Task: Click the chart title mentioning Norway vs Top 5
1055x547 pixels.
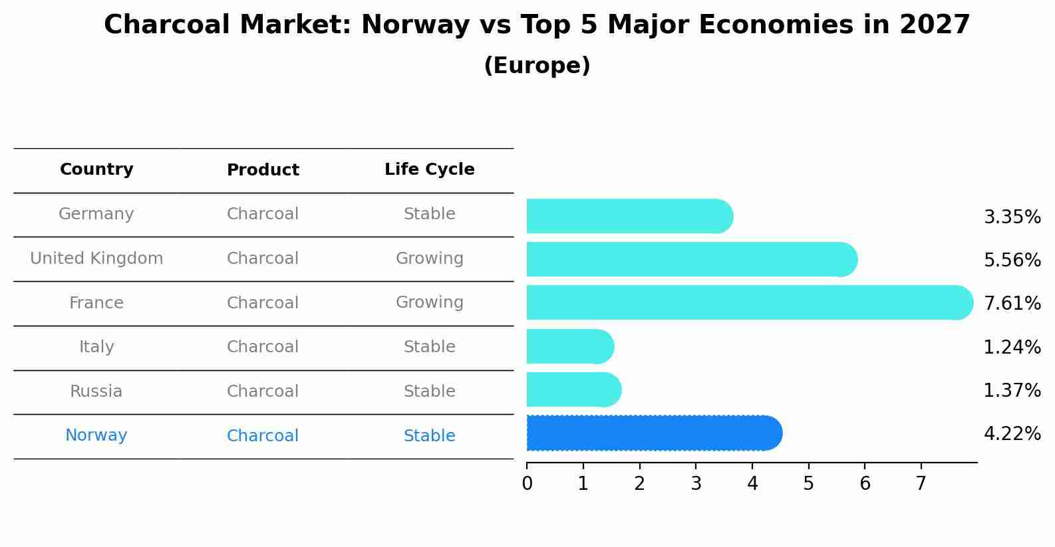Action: click(x=537, y=25)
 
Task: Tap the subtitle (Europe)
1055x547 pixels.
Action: click(x=537, y=66)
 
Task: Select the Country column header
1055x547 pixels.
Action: click(x=96, y=169)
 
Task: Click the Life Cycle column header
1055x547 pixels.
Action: click(x=429, y=169)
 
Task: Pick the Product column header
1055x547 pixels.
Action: click(x=263, y=170)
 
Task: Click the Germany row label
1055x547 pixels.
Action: click(x=96, y=214)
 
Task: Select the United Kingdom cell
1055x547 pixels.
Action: click(x=96, y=259)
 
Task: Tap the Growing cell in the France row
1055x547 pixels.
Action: click(x=429, y=302)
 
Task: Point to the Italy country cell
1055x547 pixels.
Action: click(x=96, y=347)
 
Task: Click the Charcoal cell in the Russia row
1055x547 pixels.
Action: click(x=263, y=391)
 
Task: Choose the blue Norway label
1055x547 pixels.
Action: click(x=96, y=435)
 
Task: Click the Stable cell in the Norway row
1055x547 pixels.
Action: click(x=429, y=436)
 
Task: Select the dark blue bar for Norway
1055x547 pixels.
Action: click(x=652, y=433)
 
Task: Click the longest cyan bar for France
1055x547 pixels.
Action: click(x=745, y=302)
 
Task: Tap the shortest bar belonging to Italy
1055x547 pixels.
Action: click(x=569, y=346)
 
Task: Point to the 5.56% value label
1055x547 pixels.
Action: click(x=1012, y=260)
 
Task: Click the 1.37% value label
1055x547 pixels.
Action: click(x=1012, y=390)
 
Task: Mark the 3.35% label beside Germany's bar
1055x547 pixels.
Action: click(x=1012, y=217)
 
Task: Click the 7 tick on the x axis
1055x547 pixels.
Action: click(x=921, y=484)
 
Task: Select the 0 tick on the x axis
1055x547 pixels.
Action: click(x=527, y=484)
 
